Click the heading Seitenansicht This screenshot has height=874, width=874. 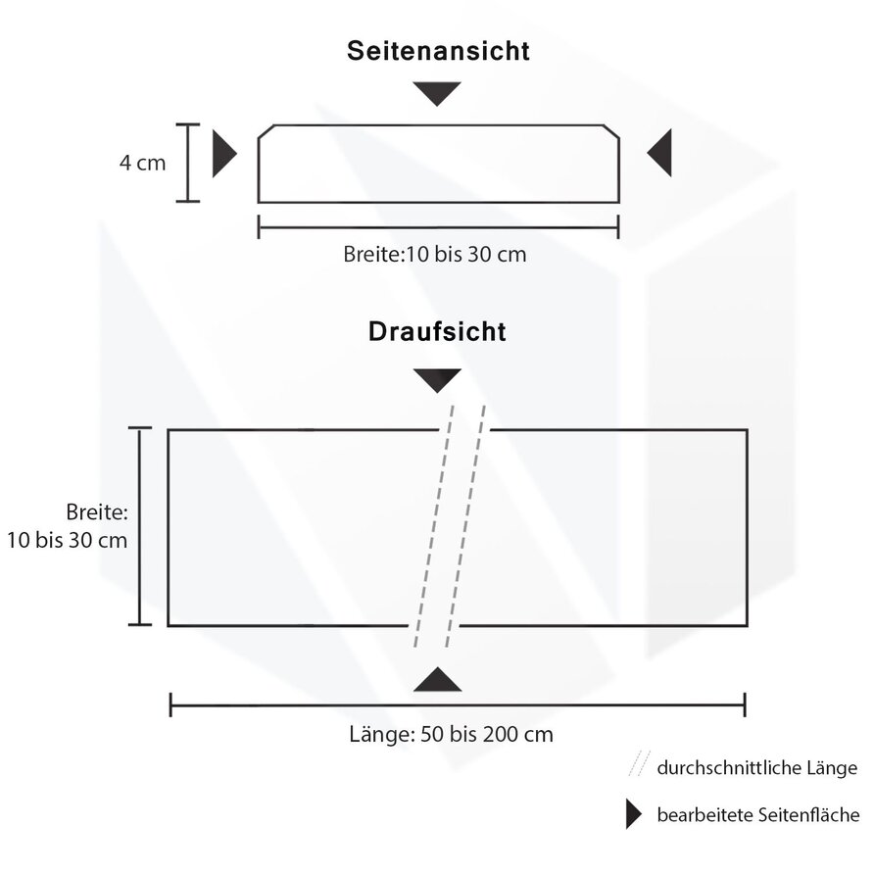(438, 52)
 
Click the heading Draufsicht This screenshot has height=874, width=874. (437, 331)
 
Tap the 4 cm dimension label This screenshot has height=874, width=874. (143, 163)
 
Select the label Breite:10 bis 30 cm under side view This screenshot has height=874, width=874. (435, 254)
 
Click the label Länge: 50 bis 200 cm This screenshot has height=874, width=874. (451, 734)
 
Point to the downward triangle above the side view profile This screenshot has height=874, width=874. (437, 93)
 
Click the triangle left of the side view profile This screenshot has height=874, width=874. (223, 154)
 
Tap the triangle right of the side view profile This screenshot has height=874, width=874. (661, 154)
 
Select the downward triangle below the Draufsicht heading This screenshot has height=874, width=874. (437, 380)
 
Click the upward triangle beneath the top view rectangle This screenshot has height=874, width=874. (437, 680)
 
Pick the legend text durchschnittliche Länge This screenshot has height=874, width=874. (757, 767)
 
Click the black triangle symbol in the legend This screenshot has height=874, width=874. (633, 814)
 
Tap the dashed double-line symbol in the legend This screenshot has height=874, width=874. (638, 764)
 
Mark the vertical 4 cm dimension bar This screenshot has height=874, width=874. (188, 163)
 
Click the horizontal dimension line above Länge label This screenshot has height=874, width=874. (458, 704)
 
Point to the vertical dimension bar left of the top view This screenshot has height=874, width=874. (141, 526)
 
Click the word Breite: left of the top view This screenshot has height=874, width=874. (98, 511)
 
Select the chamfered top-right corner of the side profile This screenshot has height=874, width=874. (611, 132)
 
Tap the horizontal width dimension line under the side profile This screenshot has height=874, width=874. (438, 227)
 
